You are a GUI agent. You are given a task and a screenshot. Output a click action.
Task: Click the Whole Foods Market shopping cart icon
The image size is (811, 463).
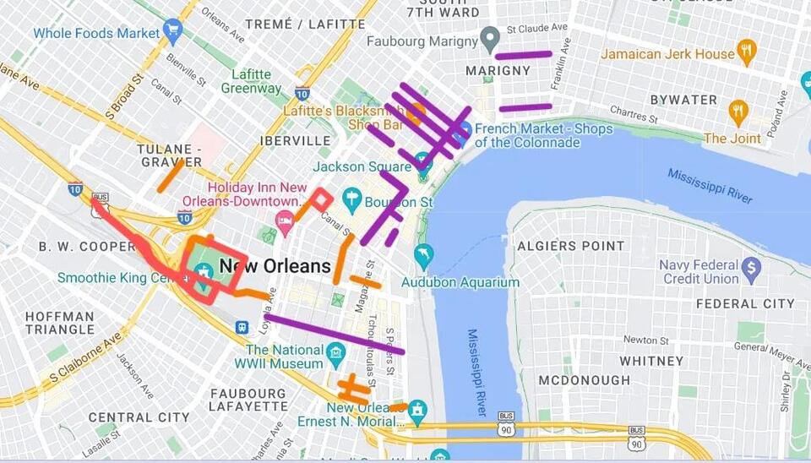pyautogui.click(x=173, y=32)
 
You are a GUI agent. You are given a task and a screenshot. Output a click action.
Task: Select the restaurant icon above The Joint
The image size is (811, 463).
pyautogui.click(x=738, y=112)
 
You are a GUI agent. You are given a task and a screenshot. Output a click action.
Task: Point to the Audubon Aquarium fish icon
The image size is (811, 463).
pyautogui.click(x=423, y=256)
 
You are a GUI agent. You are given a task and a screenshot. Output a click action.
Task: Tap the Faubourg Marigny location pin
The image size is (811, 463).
pyautogui.click(x=489, y=39)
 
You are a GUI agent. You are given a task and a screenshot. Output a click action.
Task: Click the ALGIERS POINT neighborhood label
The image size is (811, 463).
pyautogui.click(x=571, y=246)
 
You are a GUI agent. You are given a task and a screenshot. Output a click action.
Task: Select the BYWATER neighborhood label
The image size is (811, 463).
pyautogui.click(x=683, y=99)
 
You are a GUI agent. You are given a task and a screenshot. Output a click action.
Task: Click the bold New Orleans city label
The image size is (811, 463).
pyautogui.click(x=275, y=266)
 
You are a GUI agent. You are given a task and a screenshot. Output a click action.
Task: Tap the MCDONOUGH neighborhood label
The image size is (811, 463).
pyautogui.click(x=585, y=380)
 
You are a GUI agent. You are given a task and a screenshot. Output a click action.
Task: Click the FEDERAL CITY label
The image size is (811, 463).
pyautogui.click(x=745, y=303)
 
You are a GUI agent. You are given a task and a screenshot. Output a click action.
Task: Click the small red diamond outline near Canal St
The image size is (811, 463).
pyautogui.click(x=320, y=200)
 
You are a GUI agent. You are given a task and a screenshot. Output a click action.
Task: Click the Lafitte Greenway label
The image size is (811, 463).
pyautogui.click(x=252, y=81)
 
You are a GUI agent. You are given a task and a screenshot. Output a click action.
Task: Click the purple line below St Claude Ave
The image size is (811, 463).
pyautogui.click(x=523, y=55)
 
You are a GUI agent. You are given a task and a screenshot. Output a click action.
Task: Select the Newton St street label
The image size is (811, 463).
pyautogui.click(x=645, y=340)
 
